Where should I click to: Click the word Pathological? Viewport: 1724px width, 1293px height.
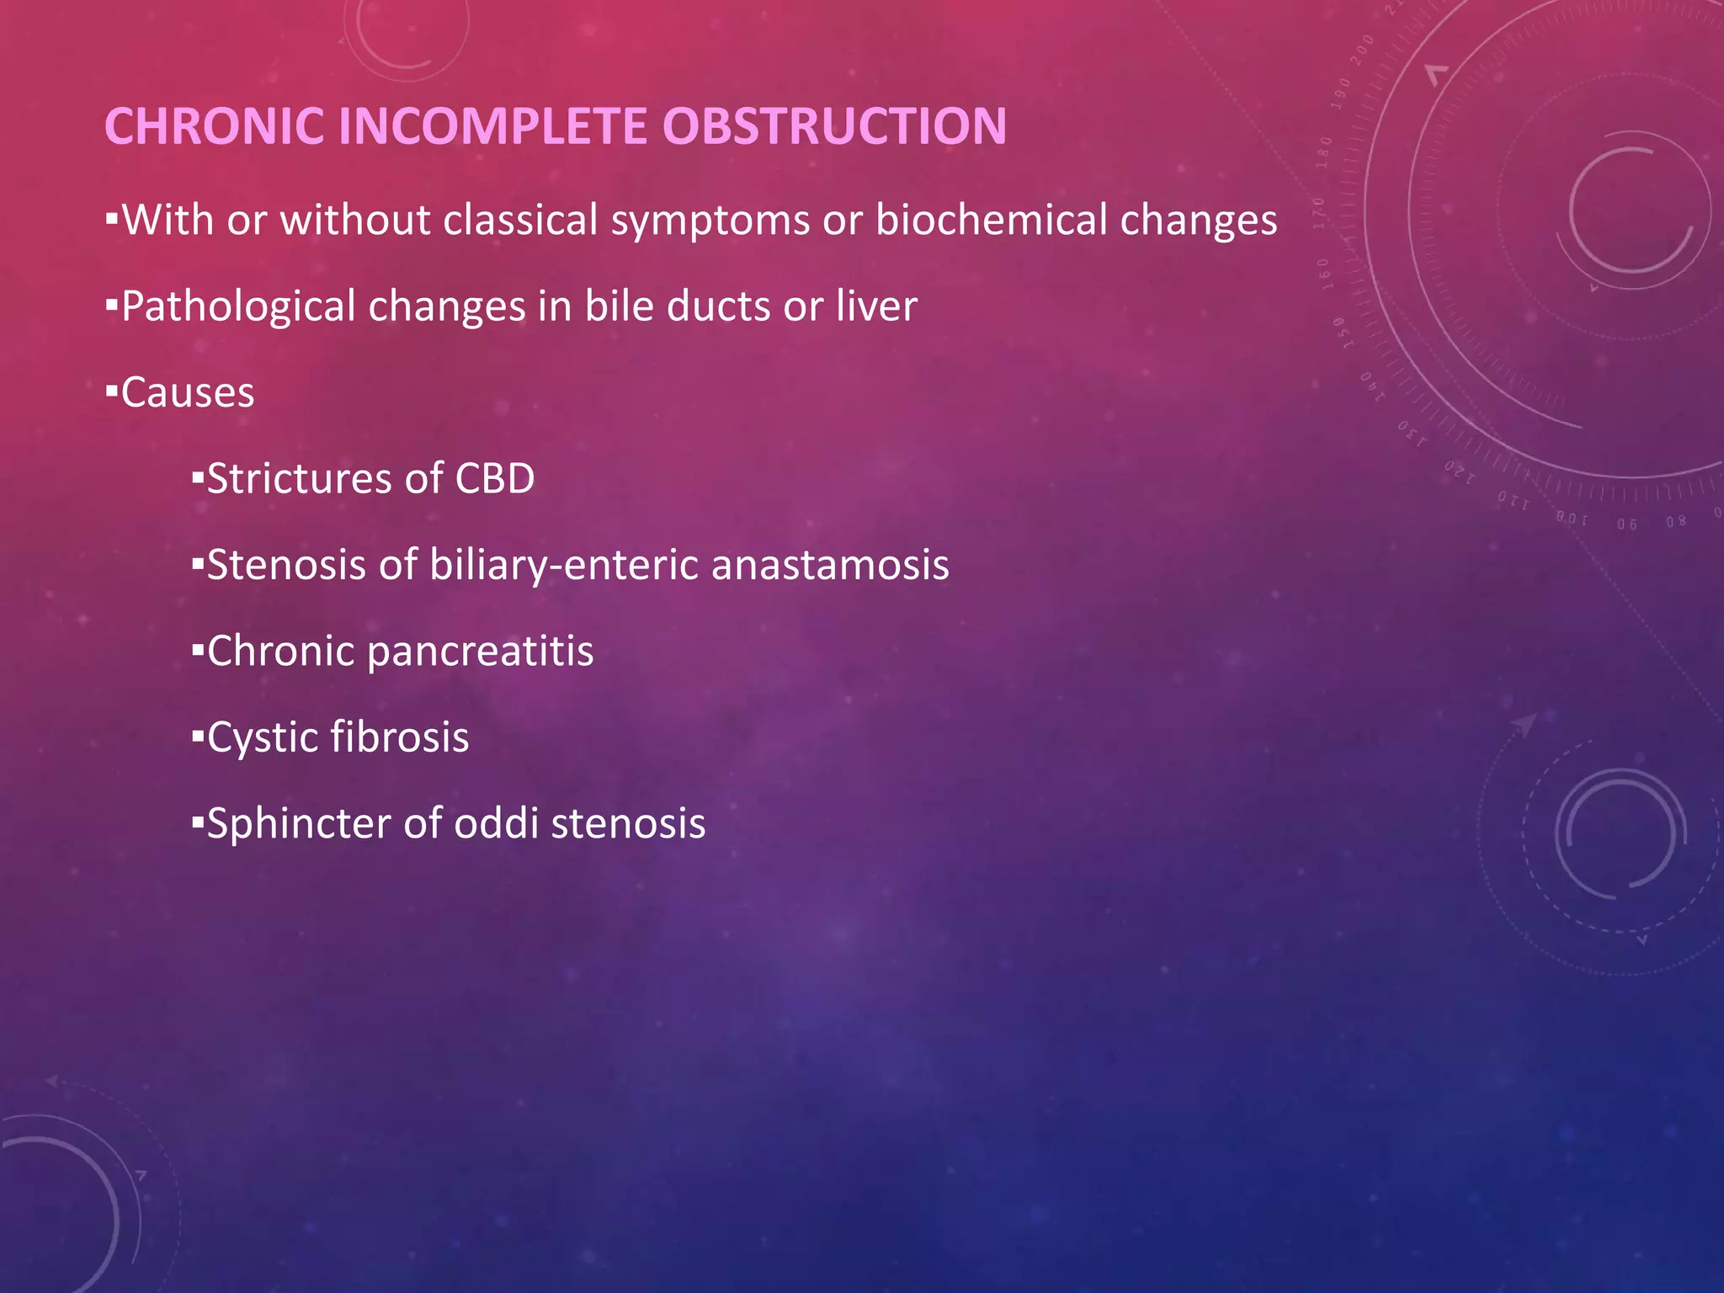coord(238,307)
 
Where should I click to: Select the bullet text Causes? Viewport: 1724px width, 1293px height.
coord(187,394)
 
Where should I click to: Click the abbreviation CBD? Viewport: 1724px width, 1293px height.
coord(494,479)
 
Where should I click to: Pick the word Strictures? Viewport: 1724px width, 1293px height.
coord(298,479)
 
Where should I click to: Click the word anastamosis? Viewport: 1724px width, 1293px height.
coord(830,565)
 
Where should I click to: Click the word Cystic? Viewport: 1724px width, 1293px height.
coord(262,738)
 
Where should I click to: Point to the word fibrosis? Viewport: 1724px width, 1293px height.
coord(399,737)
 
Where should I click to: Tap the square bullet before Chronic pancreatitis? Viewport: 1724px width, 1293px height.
coord(198,651)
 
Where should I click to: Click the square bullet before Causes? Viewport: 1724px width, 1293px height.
coord(111,392)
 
